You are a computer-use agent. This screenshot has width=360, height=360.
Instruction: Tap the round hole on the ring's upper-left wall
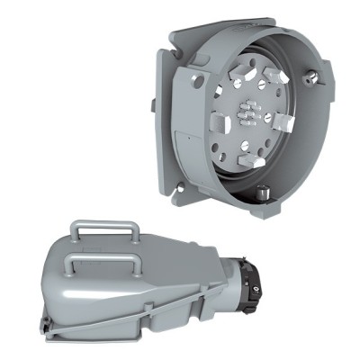click(x=196, y=80)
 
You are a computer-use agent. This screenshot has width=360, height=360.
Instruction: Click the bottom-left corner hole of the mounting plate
click(x=182, y=187)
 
